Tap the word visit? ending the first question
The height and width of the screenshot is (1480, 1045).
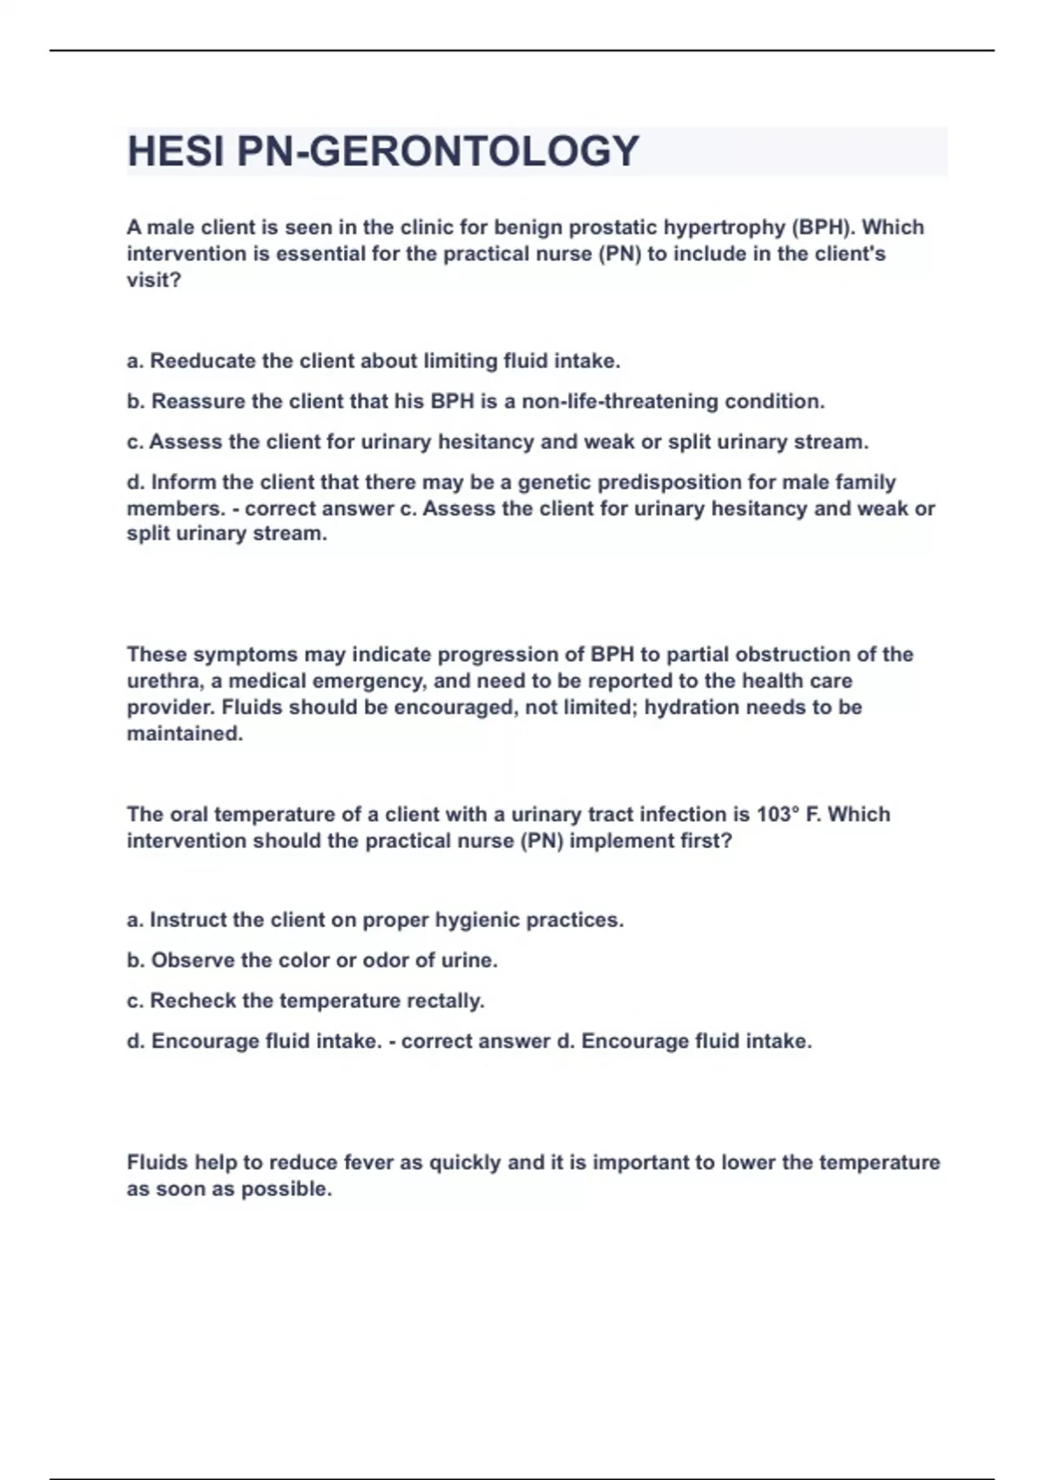(x=154, y=280)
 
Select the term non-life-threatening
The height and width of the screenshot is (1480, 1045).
(x=620, y=401)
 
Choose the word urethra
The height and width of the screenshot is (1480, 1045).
(x=163, y=681)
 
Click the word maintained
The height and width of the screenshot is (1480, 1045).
(x=185, y=734)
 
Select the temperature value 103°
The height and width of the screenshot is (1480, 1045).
(x=778, y=814)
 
